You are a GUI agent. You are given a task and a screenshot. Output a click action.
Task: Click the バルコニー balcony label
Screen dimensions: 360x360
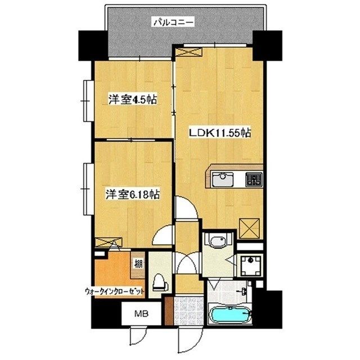[x=174, y=22]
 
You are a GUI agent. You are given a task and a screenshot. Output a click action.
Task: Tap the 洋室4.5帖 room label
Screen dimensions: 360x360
[x=133, y=100]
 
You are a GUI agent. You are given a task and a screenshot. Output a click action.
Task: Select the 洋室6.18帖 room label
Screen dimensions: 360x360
[x=133, y=195]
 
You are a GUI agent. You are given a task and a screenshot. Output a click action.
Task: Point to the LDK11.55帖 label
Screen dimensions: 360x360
[x=219, y=133]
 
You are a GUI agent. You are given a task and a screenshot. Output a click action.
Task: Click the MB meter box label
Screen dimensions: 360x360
[x=141, y=313]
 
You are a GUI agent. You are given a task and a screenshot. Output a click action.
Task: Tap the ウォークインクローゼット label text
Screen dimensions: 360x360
[x=115, y=291]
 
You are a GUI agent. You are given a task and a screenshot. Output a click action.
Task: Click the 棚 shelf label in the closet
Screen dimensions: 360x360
[x=138, y=264]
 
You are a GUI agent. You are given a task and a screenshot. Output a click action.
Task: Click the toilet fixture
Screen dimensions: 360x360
[x=160, y=282]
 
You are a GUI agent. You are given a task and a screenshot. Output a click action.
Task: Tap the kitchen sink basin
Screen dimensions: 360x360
[x=222, y=179]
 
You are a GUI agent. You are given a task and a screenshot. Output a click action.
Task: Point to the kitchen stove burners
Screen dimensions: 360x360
[x=254, y=179]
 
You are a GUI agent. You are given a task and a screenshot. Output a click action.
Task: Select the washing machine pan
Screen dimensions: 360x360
[x=251, y=265]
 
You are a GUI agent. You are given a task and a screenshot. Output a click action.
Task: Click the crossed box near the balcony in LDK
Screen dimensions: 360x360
[x=189, y=52]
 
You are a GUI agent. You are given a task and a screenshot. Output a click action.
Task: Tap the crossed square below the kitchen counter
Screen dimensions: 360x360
[x=249, y=228]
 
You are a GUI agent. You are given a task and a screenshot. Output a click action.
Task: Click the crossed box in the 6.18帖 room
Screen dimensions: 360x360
[x=109, y=242]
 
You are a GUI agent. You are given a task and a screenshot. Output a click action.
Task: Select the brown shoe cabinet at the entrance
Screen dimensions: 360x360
[x=169, y=310]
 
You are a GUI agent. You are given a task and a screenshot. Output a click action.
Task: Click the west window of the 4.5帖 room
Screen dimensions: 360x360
[x=88, y=101]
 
